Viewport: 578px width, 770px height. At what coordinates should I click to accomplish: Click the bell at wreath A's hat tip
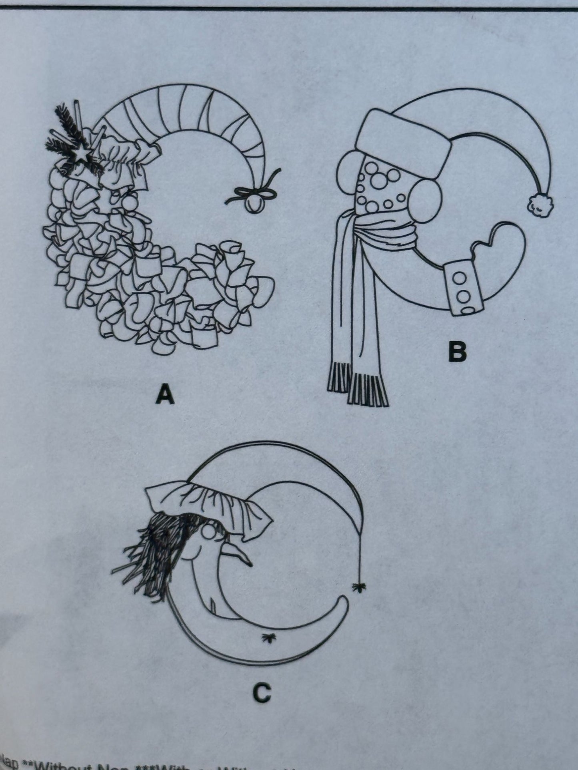point(253,205)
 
